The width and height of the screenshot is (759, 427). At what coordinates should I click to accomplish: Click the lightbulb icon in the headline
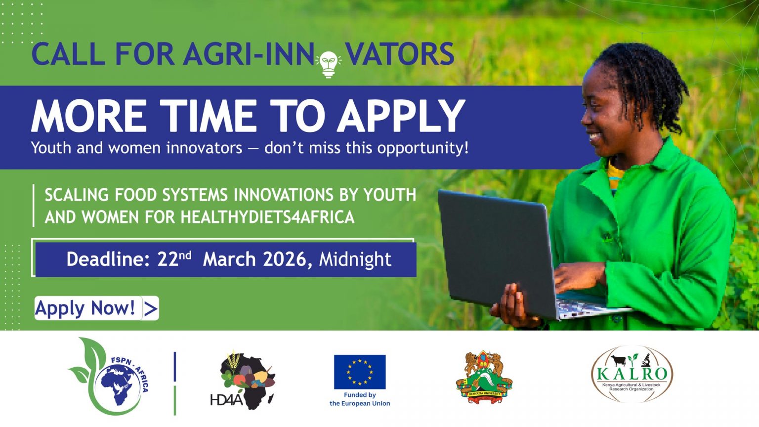tap(328, 64)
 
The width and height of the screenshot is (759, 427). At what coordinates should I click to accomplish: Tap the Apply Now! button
tap(96, 308)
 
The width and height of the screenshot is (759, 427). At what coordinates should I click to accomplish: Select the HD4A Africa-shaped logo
tap(243, 380)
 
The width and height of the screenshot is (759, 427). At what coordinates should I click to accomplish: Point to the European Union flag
tap(360, 372)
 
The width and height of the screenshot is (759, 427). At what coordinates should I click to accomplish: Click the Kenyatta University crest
tap(484, 378)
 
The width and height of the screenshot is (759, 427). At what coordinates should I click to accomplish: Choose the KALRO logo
tap(632, 374)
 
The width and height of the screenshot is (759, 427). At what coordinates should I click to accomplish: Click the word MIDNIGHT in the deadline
tap(355, 259)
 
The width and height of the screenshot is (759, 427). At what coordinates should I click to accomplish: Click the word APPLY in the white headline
tap(401, 116)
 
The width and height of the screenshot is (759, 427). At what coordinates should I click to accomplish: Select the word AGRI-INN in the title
tap(249, 53)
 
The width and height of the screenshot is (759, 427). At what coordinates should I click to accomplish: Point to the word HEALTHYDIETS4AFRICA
tap(268, 217)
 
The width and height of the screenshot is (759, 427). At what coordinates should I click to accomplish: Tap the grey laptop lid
tap(497, 252)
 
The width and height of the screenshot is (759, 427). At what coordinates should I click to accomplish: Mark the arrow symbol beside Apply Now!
tap(151, 308)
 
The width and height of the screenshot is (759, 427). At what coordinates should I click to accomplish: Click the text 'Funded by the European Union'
tap(360, 399)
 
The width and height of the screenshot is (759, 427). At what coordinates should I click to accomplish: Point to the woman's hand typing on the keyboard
tap(580, 277)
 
